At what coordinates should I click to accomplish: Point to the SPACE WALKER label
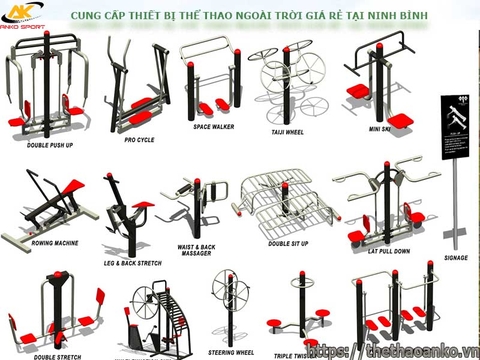point(214,128)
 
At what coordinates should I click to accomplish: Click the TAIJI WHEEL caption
point(287,131)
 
